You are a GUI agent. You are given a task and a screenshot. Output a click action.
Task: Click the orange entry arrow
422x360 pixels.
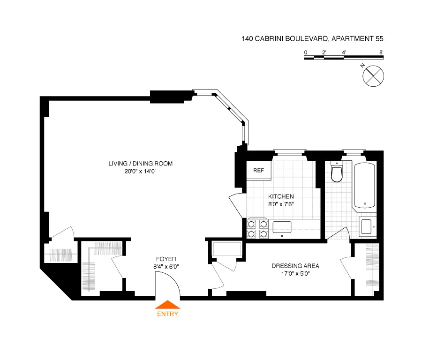[167, 305]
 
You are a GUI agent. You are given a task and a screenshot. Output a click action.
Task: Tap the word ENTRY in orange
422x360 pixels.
[167, 314]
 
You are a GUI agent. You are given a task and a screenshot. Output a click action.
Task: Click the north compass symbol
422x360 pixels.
[374, 75]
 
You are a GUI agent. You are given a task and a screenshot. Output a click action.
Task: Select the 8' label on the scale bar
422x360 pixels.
[381, 52]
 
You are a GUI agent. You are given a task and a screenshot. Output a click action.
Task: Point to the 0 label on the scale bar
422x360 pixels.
[305, 52]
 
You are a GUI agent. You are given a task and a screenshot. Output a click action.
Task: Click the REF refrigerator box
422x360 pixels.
[258, 171]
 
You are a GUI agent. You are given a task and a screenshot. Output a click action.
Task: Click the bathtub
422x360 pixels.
[364, 185]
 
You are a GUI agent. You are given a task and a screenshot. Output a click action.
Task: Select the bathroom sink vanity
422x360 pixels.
[367, 227]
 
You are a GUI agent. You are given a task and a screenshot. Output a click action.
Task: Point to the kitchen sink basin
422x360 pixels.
[282, 226]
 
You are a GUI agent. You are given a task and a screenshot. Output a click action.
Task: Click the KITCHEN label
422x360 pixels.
[281, 196]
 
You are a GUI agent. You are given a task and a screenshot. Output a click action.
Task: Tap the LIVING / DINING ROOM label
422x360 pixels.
[141, 164]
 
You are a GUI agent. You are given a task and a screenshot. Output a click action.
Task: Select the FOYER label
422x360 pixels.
[166, 259]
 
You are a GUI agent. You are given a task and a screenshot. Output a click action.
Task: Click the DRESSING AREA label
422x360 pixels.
[295, 266]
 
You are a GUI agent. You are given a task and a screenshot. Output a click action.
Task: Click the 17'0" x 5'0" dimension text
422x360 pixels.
[295, 273]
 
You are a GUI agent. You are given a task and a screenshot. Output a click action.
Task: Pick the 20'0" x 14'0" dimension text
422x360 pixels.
[141, 171]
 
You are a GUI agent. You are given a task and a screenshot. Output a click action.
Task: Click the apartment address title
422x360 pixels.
[313, 39]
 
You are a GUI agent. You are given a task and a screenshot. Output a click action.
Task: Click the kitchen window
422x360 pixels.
[290, 151]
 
